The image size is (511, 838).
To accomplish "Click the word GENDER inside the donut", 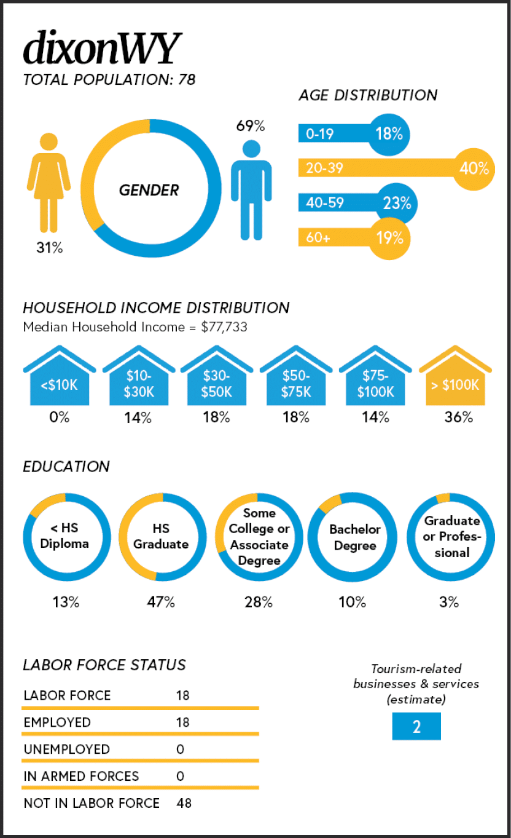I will point(149,191).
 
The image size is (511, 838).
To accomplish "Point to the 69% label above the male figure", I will point(251,126).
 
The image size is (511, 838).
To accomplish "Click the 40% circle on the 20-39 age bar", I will point(474,168).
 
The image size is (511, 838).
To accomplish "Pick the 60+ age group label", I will point(318,237).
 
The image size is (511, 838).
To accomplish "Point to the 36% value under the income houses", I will point(458,417).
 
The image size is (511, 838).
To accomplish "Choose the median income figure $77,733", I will point(224,327).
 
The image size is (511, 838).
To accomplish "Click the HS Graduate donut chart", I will point(161,537).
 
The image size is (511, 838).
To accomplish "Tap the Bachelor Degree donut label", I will point(354,537).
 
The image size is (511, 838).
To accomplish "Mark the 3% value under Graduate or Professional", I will point(449,603).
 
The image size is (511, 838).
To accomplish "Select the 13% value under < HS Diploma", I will point(66,603).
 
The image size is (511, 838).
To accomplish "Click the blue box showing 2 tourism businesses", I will point(416,726).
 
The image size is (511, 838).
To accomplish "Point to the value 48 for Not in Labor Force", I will point(183,803).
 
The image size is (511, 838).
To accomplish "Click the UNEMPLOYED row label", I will point(66,749).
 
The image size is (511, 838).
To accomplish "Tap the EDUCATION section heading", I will point(66,467).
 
